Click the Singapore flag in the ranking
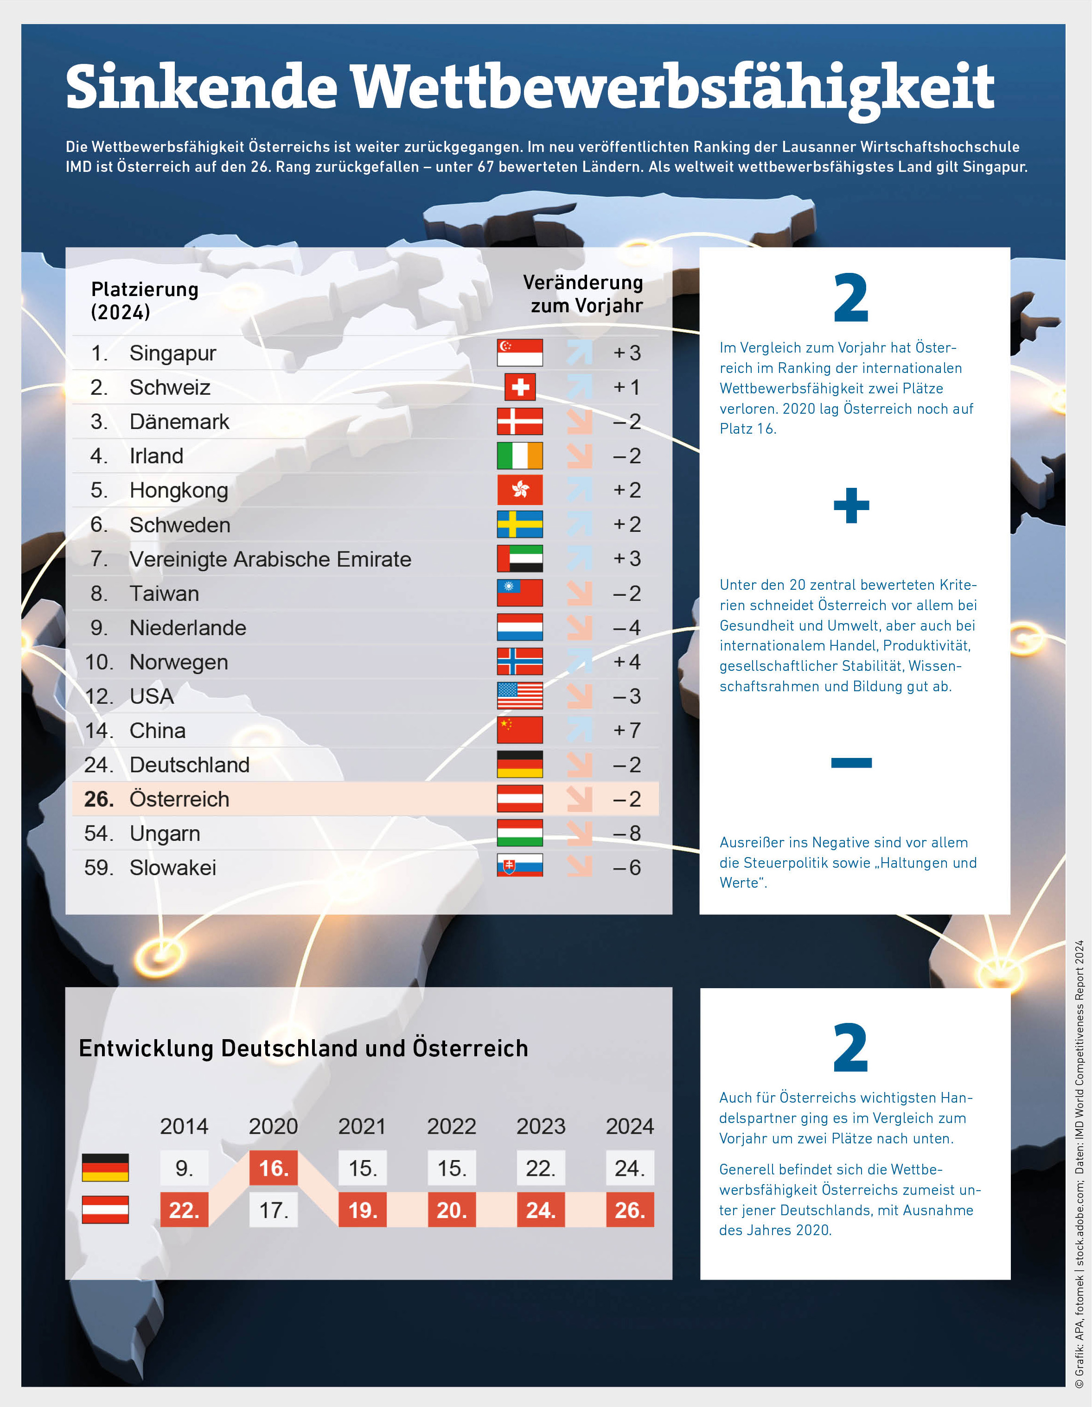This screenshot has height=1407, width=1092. [520, 353]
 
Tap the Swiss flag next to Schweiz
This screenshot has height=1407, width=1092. [520, 387]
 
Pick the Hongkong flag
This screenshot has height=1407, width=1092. [520, 490]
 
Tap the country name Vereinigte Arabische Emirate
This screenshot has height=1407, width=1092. [270, 559]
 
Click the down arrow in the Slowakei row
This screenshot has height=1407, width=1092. [580, 867]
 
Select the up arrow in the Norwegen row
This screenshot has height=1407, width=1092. [580, 662]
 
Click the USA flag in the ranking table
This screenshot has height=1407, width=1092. [520, 696]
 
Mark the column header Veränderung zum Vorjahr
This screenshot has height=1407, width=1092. [583, 294]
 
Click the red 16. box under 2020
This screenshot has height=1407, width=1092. [273, 1168]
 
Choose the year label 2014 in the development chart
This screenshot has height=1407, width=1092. [185, 1127]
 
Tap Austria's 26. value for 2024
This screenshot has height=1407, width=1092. [630, 1210]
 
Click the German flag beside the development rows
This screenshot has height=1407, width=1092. [105, 1167]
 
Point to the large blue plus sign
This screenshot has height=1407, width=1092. [851, 506]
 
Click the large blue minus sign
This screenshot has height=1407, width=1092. [851, 763]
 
